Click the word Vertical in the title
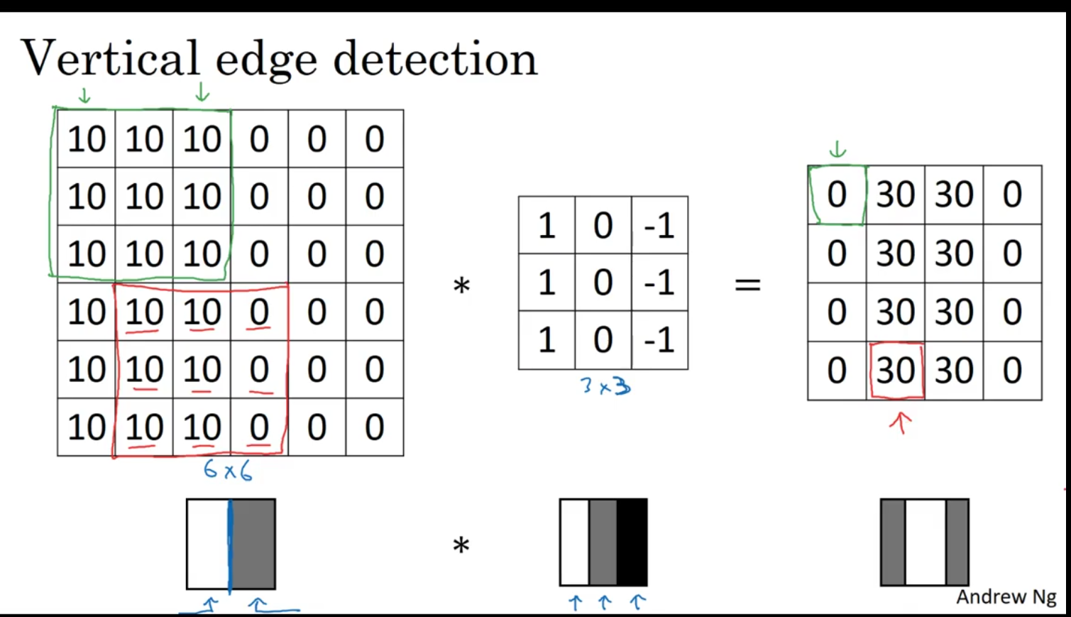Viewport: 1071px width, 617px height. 110,58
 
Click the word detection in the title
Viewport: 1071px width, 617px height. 434,60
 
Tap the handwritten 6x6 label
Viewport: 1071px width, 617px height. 227,470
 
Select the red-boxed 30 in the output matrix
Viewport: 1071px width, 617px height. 896,371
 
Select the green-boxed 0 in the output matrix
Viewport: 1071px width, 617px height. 837,195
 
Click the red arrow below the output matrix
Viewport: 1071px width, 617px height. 900,423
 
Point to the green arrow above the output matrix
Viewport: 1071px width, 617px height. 837,149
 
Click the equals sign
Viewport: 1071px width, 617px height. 747,285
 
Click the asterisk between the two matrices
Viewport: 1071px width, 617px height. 461,286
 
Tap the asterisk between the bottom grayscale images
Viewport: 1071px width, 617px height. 461,546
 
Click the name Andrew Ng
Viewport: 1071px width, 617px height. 1006,597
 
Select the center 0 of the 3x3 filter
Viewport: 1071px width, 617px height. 603,283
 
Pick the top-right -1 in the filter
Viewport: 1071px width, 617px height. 659,226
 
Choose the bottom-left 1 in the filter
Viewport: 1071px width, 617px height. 547,340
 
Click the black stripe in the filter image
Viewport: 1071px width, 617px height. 632,542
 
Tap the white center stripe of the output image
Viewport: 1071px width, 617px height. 925,542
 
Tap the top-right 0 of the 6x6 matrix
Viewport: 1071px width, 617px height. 375,139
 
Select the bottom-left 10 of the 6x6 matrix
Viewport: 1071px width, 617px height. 86,427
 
